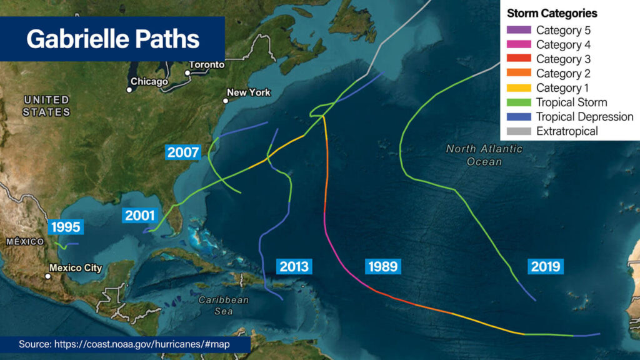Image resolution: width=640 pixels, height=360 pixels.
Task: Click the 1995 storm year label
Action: point(66,227)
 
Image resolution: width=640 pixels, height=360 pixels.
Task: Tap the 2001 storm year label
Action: point(139,216)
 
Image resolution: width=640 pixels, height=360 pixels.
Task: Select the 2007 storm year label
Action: point(183,152)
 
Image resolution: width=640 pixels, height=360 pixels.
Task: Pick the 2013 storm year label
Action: point(294,266)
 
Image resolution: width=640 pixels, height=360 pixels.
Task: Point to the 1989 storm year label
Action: point(382,266)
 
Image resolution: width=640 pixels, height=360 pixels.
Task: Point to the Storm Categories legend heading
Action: point(552,13)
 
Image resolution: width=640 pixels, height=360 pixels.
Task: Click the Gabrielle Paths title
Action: point(113,39)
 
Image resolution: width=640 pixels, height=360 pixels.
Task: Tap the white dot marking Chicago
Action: point(129,89)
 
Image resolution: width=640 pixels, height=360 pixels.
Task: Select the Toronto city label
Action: point(206,65)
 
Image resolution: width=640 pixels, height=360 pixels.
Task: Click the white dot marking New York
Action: point(226,100)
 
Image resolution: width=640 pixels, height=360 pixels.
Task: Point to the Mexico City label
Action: point(76,268)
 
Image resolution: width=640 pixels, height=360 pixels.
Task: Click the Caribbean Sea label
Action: point(224,305)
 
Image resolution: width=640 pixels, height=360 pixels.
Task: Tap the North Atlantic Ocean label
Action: point(484,155)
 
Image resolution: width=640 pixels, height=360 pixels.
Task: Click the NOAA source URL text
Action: point(134,344)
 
